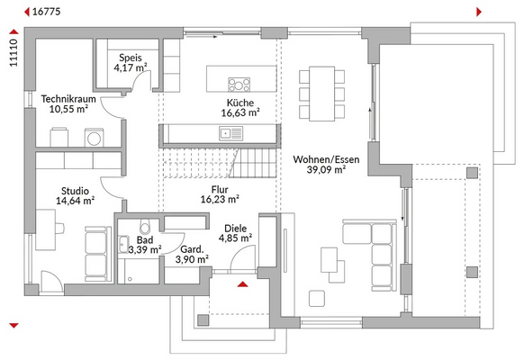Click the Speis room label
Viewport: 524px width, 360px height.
(128, 56)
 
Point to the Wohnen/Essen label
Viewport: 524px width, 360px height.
(320, 158)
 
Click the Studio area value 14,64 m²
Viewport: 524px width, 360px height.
(75, 201)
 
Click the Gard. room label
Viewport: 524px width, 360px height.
(190, 248)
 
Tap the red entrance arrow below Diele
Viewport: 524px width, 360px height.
(242, 285)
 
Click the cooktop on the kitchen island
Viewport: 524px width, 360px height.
(239, 85)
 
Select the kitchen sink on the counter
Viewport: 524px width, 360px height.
(225, 134)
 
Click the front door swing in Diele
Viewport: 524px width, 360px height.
(239, 260)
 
